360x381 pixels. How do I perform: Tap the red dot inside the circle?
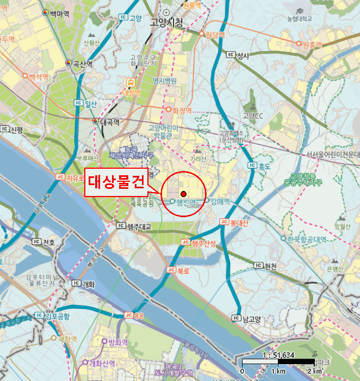coord(183,194)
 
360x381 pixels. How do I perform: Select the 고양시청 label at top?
coord(167,22)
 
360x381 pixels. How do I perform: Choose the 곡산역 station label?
coord(83,64)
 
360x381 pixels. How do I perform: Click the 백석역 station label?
coord(39,77)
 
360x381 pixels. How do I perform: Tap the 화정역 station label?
coord(182,110)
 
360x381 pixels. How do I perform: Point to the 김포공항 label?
coord(57,316)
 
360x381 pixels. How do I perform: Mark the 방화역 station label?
coord(117,342)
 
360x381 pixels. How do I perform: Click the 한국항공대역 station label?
coord(307,238)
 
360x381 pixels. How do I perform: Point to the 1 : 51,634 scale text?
coord(277,355)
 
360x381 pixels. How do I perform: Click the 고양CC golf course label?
coord(253,115)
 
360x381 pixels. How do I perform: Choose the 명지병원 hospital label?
coord(165,81)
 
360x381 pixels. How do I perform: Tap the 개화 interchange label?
coord(88,284)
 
